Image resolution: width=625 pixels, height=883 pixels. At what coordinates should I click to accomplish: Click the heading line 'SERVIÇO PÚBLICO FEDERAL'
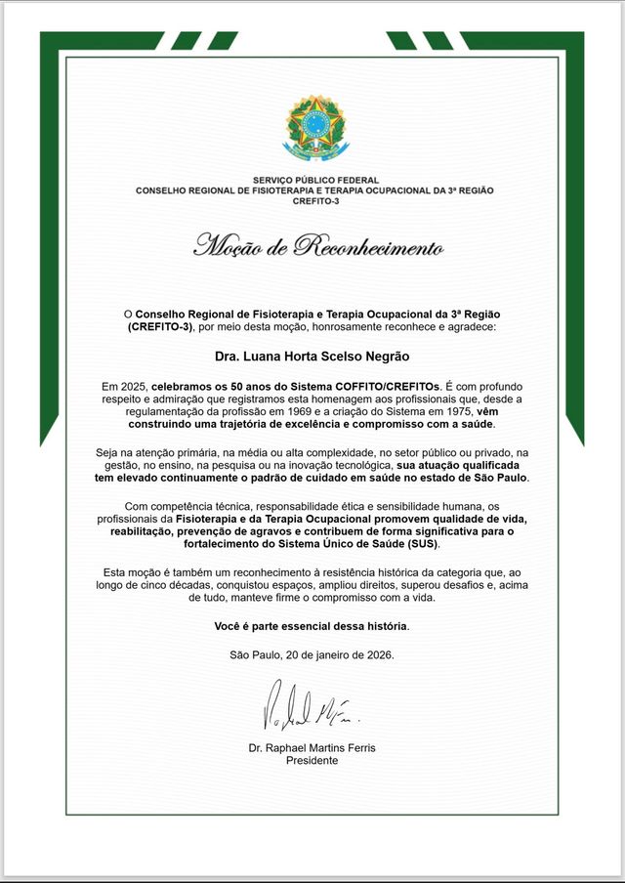312,181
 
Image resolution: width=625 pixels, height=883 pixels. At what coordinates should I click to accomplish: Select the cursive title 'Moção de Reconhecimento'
318,245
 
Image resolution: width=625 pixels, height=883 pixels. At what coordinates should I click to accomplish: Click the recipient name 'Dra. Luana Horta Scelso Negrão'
312,357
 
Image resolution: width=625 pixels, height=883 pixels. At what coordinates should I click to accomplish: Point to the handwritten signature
309,710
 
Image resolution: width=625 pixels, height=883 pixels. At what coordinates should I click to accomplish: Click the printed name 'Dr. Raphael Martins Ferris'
312,748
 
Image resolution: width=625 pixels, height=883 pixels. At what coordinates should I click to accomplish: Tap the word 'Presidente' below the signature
312,760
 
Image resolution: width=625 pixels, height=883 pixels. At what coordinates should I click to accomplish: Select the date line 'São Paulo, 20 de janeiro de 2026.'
312,654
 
